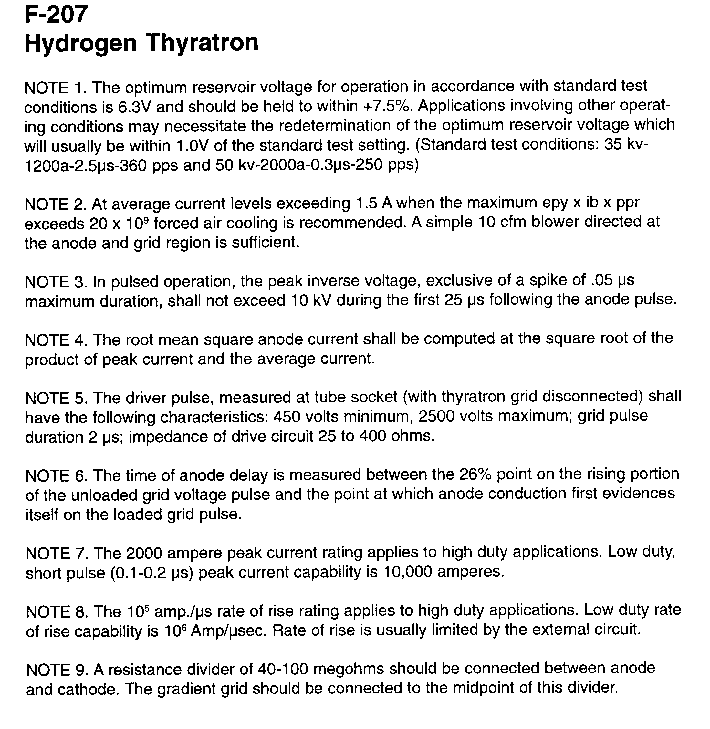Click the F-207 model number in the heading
tap(56, 15)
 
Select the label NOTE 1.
tap(56, 88)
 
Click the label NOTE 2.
tap(56, 204)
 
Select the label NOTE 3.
tap(56, 282)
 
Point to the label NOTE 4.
tap(56, 340)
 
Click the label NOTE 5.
tap(56, 398)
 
